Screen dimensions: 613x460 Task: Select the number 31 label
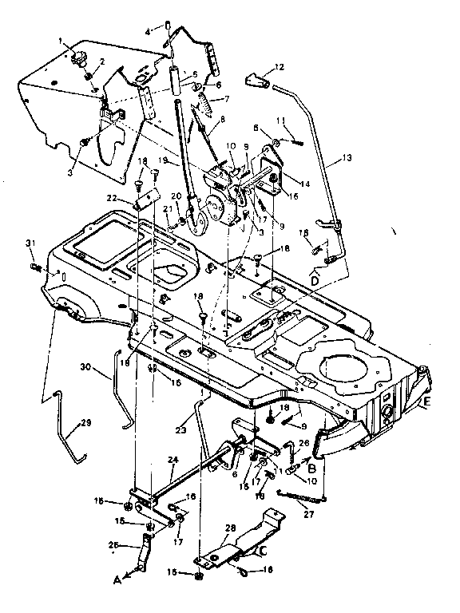(x=30, y=243)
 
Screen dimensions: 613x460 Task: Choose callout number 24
(x=172, y=460)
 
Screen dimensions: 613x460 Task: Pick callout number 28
(x=231, y=528)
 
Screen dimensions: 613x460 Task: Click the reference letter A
(x=117, y=582)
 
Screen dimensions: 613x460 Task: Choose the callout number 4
(x=147, y=31)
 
